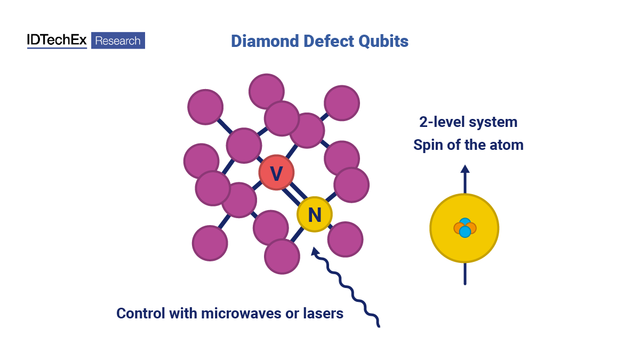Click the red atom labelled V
pos(276,173)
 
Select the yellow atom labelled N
pos(315,214)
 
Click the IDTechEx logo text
pos(57,41)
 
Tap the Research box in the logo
pos(118,41)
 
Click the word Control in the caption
pos(140,313)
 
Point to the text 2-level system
pos(468,122)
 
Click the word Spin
pos(428,145)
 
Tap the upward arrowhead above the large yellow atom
pos(465,169)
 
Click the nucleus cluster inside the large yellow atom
pos(465,228)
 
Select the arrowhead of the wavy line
pos(315,250)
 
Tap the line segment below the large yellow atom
pos(465,274)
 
